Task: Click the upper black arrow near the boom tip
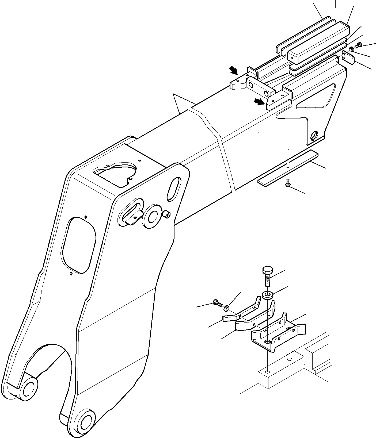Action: [233, 71]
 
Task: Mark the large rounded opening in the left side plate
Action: [78, 245]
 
